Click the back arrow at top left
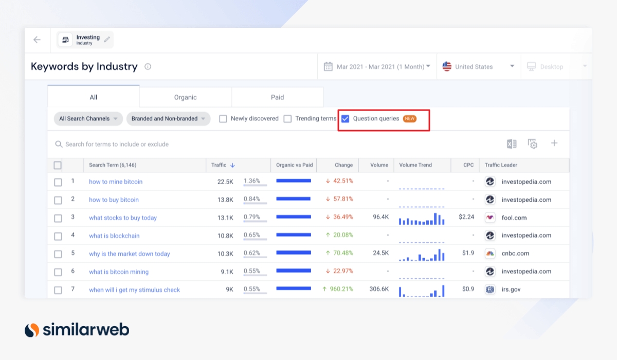pyautogui.click(x=37, y=40)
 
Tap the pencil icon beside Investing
pyautogui.click(x=107, y=40)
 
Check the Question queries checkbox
pyautogui.click(x=346, y=119)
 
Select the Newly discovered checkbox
pyautogui.click(x=223, y=119)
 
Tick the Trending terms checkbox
pyautogui.click(x=287, y=119)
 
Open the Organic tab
pyautogui.click(x=185, y=97)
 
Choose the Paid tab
pyautogui.click(x=277, y=97)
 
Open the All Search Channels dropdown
pyautogui.click(x=88, y=119)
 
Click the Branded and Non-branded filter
pyautogui.click(x=168, y=119)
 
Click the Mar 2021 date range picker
pyautogui.click(x=377, y=67)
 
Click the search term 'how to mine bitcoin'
pyautogui.click(x=116, y=182)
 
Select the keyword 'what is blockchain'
pyautogui.click(x=114, y=236)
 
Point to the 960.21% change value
pyautogui.click(x=337, y=290)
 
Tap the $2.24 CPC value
pyautogui.click(x=466, y=218)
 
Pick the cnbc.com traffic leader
pyautogui.click(x=515, y=254)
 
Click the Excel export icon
pyautogui.click(x=512, y=144)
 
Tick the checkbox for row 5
pyautogui.click(x=58, y=254)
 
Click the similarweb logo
pyautogui.click(x=77, y=330)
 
